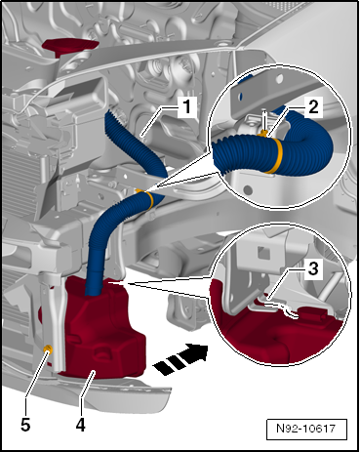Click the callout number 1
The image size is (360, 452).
pyautogui.click(x=186, y=107)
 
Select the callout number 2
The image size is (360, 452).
pyautogui.click(x=313, y=107)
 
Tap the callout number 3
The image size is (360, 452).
pyautogui.click(x=313, y=269)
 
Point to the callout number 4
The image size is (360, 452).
pyautogui.click(x=80, y=425)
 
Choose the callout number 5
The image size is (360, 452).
pyautogui.click(x=25, y=425)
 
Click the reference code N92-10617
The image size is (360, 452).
pyautogui.click(x=305, y=428)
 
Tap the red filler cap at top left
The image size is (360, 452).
pyautogui.click(x=71, y=46)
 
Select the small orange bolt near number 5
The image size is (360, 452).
pyautogui.click(x=49, y=350)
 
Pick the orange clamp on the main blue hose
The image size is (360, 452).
pyautogui.click(x=149, y=199)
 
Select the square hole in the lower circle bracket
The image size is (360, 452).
pyautogui.click(x=263, y=253)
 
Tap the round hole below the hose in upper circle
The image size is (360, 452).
pyautogui.click(x=248, y=190)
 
